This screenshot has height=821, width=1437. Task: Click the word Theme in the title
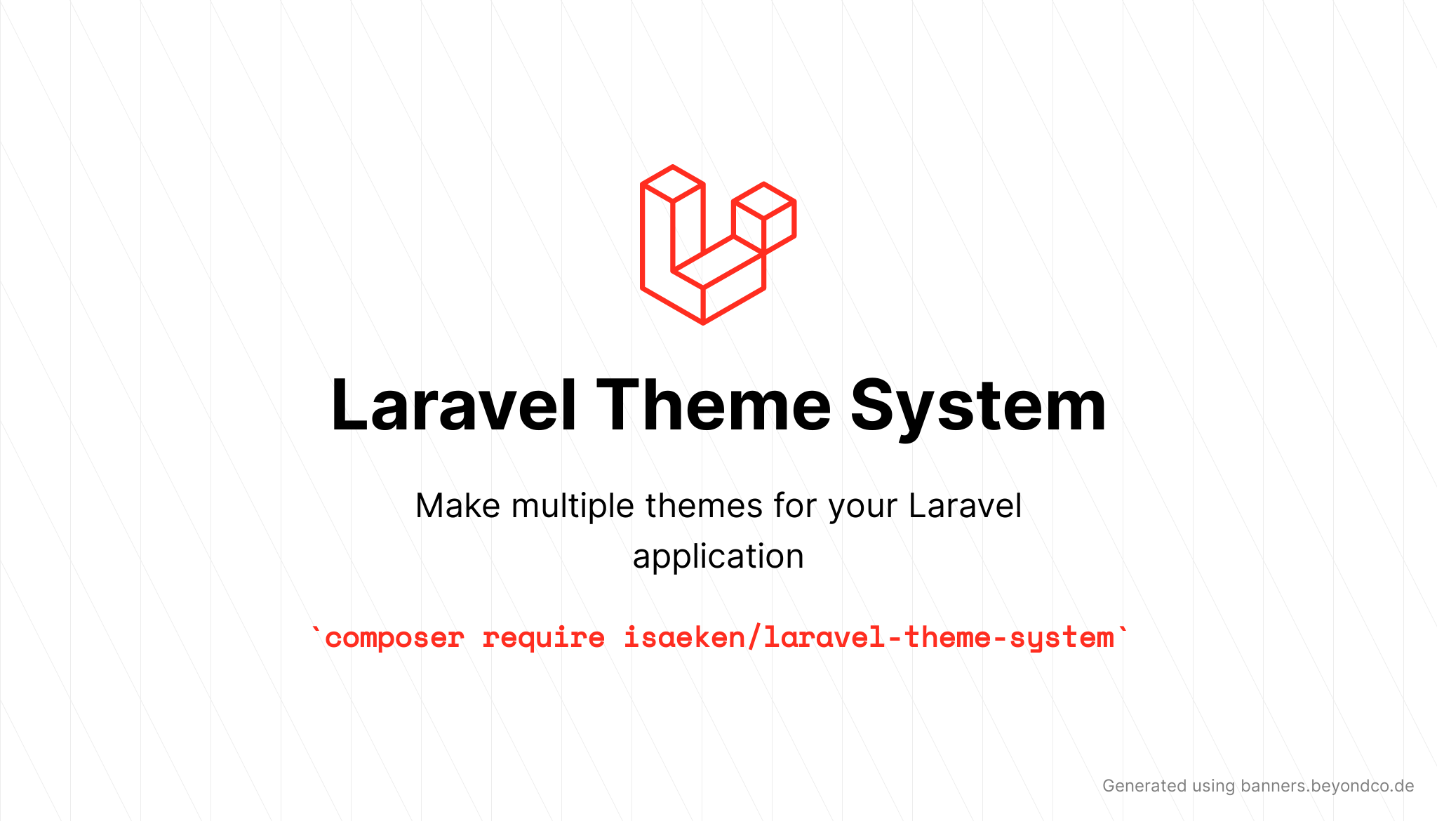click(714, 406)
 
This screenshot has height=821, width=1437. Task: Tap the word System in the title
click(978, 406)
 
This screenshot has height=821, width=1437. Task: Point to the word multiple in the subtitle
click(573, 506)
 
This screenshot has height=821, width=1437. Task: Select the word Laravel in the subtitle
click(965, 506)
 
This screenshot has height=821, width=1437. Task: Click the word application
click(718, 557)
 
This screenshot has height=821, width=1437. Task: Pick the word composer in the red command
click(394, 638)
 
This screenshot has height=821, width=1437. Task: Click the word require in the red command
click(543, 638)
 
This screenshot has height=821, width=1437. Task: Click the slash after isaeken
click(754, 638)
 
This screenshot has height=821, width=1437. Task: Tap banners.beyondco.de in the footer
click(1327, 786)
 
